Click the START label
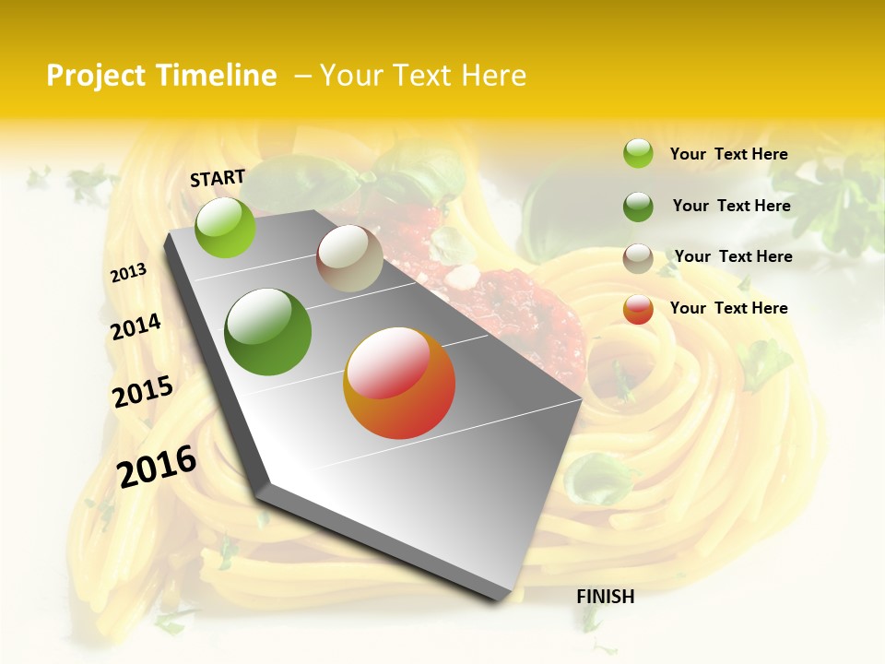click(x=218, y=178)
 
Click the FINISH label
click(x=606, y=597)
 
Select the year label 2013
click(x=129, y=273)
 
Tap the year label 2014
click(x=136, y=326)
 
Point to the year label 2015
click(x=143, y=392)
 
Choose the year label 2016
click(x=157, y=466)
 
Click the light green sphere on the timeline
click(x=226, y=227)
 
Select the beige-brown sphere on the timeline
click(x=349, y=258)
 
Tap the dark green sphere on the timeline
click(x=268, y=332)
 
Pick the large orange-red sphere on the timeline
click(x=399, y=383)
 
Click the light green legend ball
click(x=638, y=154)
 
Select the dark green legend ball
click(x=638, y=207)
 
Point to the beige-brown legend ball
click(x=638, y=258)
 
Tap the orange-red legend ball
click(x=638, y=310)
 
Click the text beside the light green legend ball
click(x=728, y=154)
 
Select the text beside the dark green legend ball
click(x=731, y=206)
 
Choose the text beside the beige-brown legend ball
click(x=733, y=256)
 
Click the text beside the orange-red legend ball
click(x=728, y=308)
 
